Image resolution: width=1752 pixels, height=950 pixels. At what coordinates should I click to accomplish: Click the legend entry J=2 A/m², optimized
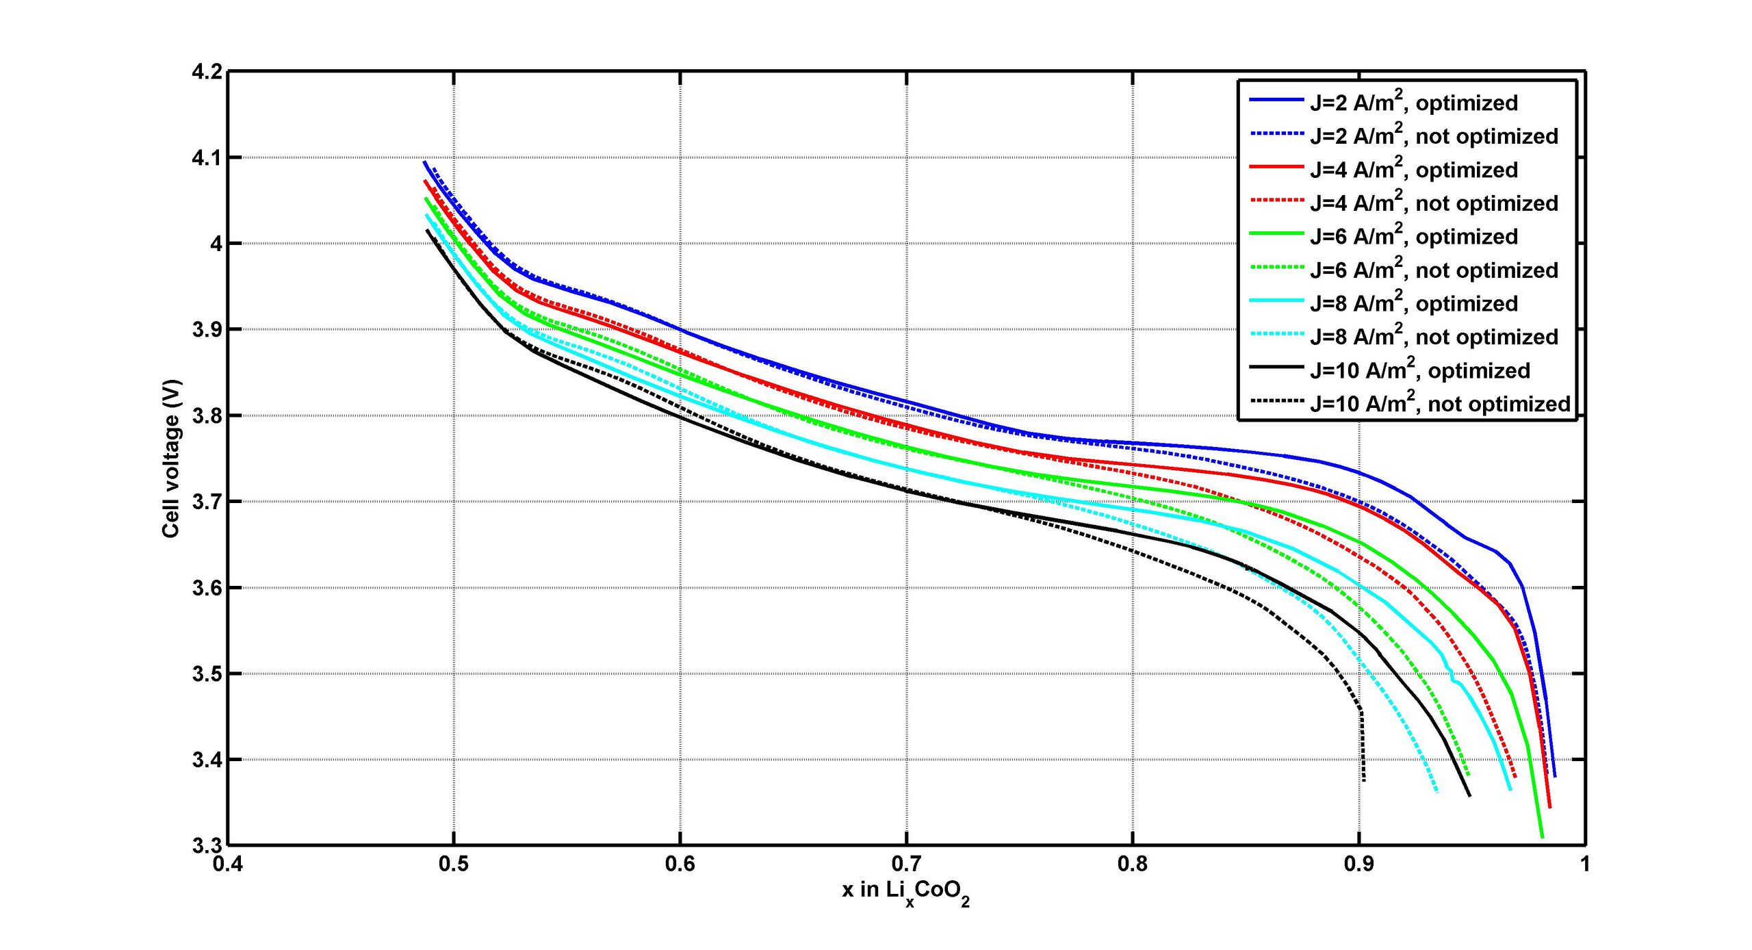coord(1414,103)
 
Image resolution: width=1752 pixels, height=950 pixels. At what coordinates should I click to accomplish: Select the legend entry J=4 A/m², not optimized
coord(1434,203)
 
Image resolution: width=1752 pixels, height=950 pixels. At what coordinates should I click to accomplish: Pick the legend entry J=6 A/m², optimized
coord(1414,236)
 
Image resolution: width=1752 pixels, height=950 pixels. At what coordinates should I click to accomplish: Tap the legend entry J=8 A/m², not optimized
coord(1434,337)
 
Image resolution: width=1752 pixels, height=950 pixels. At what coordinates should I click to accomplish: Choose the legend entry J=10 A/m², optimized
coord(1420,370)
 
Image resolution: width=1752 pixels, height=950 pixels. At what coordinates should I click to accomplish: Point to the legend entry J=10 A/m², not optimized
coord(1440,404)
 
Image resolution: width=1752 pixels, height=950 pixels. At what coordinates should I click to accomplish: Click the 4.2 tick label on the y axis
coord(207,72)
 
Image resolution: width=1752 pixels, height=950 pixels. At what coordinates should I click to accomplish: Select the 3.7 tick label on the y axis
coord(207,502)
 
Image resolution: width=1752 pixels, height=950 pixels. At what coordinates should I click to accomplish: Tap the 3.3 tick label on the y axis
coord(207,846)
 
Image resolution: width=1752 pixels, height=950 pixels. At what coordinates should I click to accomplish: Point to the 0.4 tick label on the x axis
coord(227,864)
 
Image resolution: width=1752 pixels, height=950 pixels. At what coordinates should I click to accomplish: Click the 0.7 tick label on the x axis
coord(906,864)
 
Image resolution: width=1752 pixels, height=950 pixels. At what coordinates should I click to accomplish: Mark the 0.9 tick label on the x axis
coord(1358,864)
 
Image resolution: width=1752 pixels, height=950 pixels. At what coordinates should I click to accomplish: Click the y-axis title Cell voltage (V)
coord(171,459)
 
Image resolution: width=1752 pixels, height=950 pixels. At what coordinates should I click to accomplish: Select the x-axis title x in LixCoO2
coord(905,893)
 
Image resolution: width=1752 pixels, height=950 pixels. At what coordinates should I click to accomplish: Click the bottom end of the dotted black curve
coord(1364,781)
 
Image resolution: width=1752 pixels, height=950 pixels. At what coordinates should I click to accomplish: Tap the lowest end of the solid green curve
coord(1542,837)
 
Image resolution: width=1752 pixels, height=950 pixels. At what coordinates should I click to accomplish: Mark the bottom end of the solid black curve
coord(1469,795)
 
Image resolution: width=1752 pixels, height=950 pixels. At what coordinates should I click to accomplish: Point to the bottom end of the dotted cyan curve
coord(1437,792)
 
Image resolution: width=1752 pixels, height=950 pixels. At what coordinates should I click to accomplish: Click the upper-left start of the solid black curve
coord(427,230)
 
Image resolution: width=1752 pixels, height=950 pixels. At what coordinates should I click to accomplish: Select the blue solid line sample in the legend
coord(1276,101)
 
